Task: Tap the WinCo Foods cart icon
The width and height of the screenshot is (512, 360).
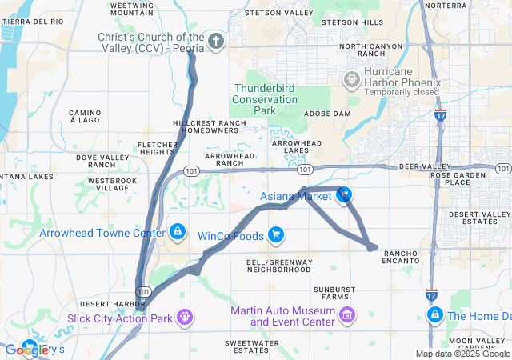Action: [276, 234]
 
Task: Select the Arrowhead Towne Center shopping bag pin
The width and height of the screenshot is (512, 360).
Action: [177, 232]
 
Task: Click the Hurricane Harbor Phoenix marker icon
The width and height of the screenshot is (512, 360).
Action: [350, 79]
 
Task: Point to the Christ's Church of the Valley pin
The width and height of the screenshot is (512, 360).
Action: [215, 41]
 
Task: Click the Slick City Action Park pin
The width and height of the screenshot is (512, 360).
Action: [186, 318]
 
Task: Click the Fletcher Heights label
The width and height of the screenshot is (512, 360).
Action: [156, 147]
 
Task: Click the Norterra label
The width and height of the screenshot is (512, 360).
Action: [445, 5]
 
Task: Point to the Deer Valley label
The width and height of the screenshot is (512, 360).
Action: [420, 166]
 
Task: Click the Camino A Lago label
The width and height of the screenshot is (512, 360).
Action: [84, 116]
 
